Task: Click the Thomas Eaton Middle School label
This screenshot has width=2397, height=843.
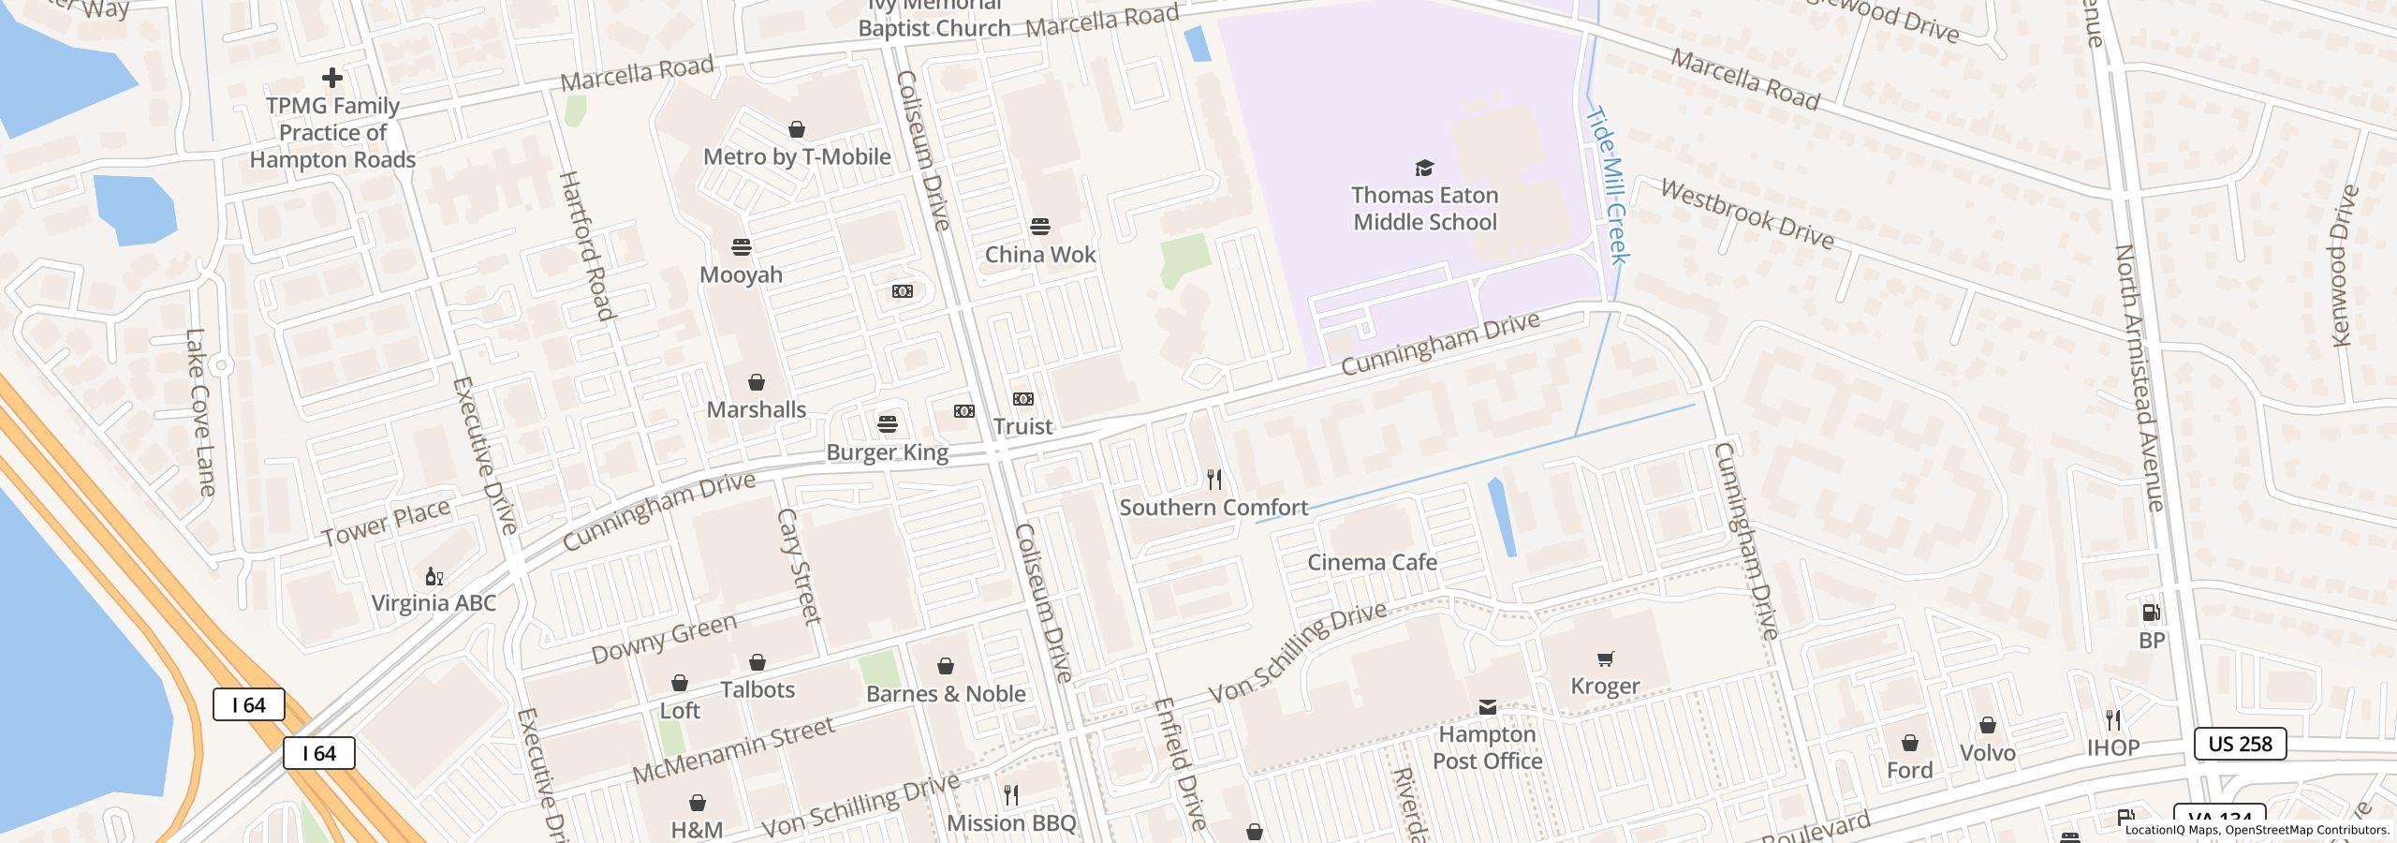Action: pyautogui.click(x=1424, y=209)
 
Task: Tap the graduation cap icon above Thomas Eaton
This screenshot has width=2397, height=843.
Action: pyautogui.click(x=1424, y=168)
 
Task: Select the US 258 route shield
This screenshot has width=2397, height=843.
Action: pyautogui.click(x=2240, y=744)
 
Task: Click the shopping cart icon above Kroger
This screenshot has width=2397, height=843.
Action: pyautogui.click(x=1605, y=658)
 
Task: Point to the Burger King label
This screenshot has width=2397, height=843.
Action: pyautogui.click(x=887, y=452)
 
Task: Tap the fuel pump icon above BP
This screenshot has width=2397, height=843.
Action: pyautogui.click(x=2152, y=613)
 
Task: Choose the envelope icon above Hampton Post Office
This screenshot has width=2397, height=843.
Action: pyautogui.click(x=1487, y=707)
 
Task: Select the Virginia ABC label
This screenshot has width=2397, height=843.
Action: pyautogui.click(x=434, y=603)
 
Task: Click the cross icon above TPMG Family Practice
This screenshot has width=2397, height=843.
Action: pyautogui.click(x=331, y=78)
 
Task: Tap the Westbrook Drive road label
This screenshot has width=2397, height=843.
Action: pyautogui.click(x=1746, y=214)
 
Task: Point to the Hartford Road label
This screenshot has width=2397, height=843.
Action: pyautogui.click(x=586, y=245)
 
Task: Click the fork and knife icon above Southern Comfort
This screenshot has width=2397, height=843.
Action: pyautogui.click(x=1214, y=480)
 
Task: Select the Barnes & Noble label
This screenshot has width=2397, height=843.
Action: pyautogui.click(x=946, y=694)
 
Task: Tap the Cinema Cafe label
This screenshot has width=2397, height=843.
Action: pyautogui.click(x=1372, y=562)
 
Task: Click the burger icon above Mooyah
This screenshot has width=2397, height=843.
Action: pyautogui.click(x=742, y=247)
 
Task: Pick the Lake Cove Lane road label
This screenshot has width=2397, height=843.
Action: pyautogui.click(x=200, y=412)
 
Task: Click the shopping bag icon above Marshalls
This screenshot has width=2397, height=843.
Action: pyautogui.click(x=757, y=382)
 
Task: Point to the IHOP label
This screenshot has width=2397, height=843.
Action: pyautogui.click(x=2113, y=747)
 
